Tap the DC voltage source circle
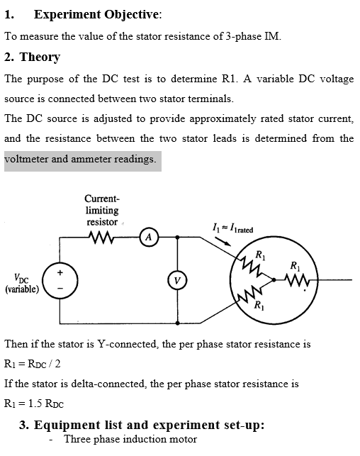[60, 279]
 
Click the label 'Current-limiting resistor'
[101, 211]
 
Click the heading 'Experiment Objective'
[97, 14]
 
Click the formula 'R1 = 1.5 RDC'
[34, 404]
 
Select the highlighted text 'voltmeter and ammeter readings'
[80, 159]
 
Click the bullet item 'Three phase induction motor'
[130, 439]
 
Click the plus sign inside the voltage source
[60, 271]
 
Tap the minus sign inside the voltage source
[60, 287]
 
